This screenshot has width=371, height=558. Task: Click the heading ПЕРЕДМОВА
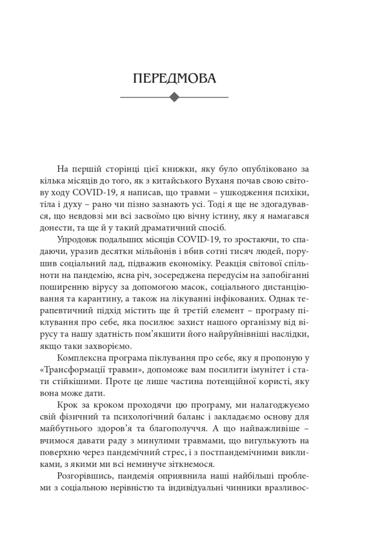click(x=174, y=78)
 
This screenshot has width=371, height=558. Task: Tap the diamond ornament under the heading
click(x=174, y=98)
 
